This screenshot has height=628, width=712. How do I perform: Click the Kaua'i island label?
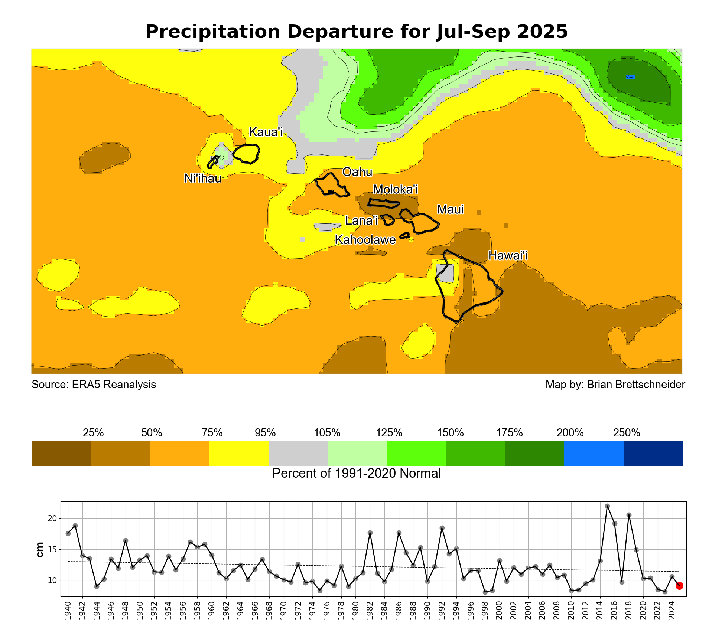point(266,132)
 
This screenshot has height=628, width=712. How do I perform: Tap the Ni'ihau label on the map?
point(203,179)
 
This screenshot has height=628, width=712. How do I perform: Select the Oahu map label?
point(357,172)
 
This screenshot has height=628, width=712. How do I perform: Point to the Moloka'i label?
point(396,190)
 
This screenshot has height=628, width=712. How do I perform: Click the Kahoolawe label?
point(365,240)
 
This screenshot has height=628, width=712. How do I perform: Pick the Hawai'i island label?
point(508,255)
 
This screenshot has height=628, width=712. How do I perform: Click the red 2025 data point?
point(679,586)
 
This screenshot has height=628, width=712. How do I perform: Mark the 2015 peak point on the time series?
point(608,506)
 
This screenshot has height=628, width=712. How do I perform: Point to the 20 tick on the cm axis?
point(52,519)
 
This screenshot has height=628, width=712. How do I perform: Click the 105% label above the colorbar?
point(327,433)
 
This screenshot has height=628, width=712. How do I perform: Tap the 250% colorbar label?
point(627,433)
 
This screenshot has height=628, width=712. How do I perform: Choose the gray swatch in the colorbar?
point(298,453)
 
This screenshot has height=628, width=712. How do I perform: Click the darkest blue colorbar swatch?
point(653,453)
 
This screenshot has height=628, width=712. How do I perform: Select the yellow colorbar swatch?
point(239,453)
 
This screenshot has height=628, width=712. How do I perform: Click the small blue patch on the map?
point(630,77)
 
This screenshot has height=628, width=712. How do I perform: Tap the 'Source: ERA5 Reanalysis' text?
point(94,385)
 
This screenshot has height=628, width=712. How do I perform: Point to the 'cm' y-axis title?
point(40,549)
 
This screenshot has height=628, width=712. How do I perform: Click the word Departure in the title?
point(340,32)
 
